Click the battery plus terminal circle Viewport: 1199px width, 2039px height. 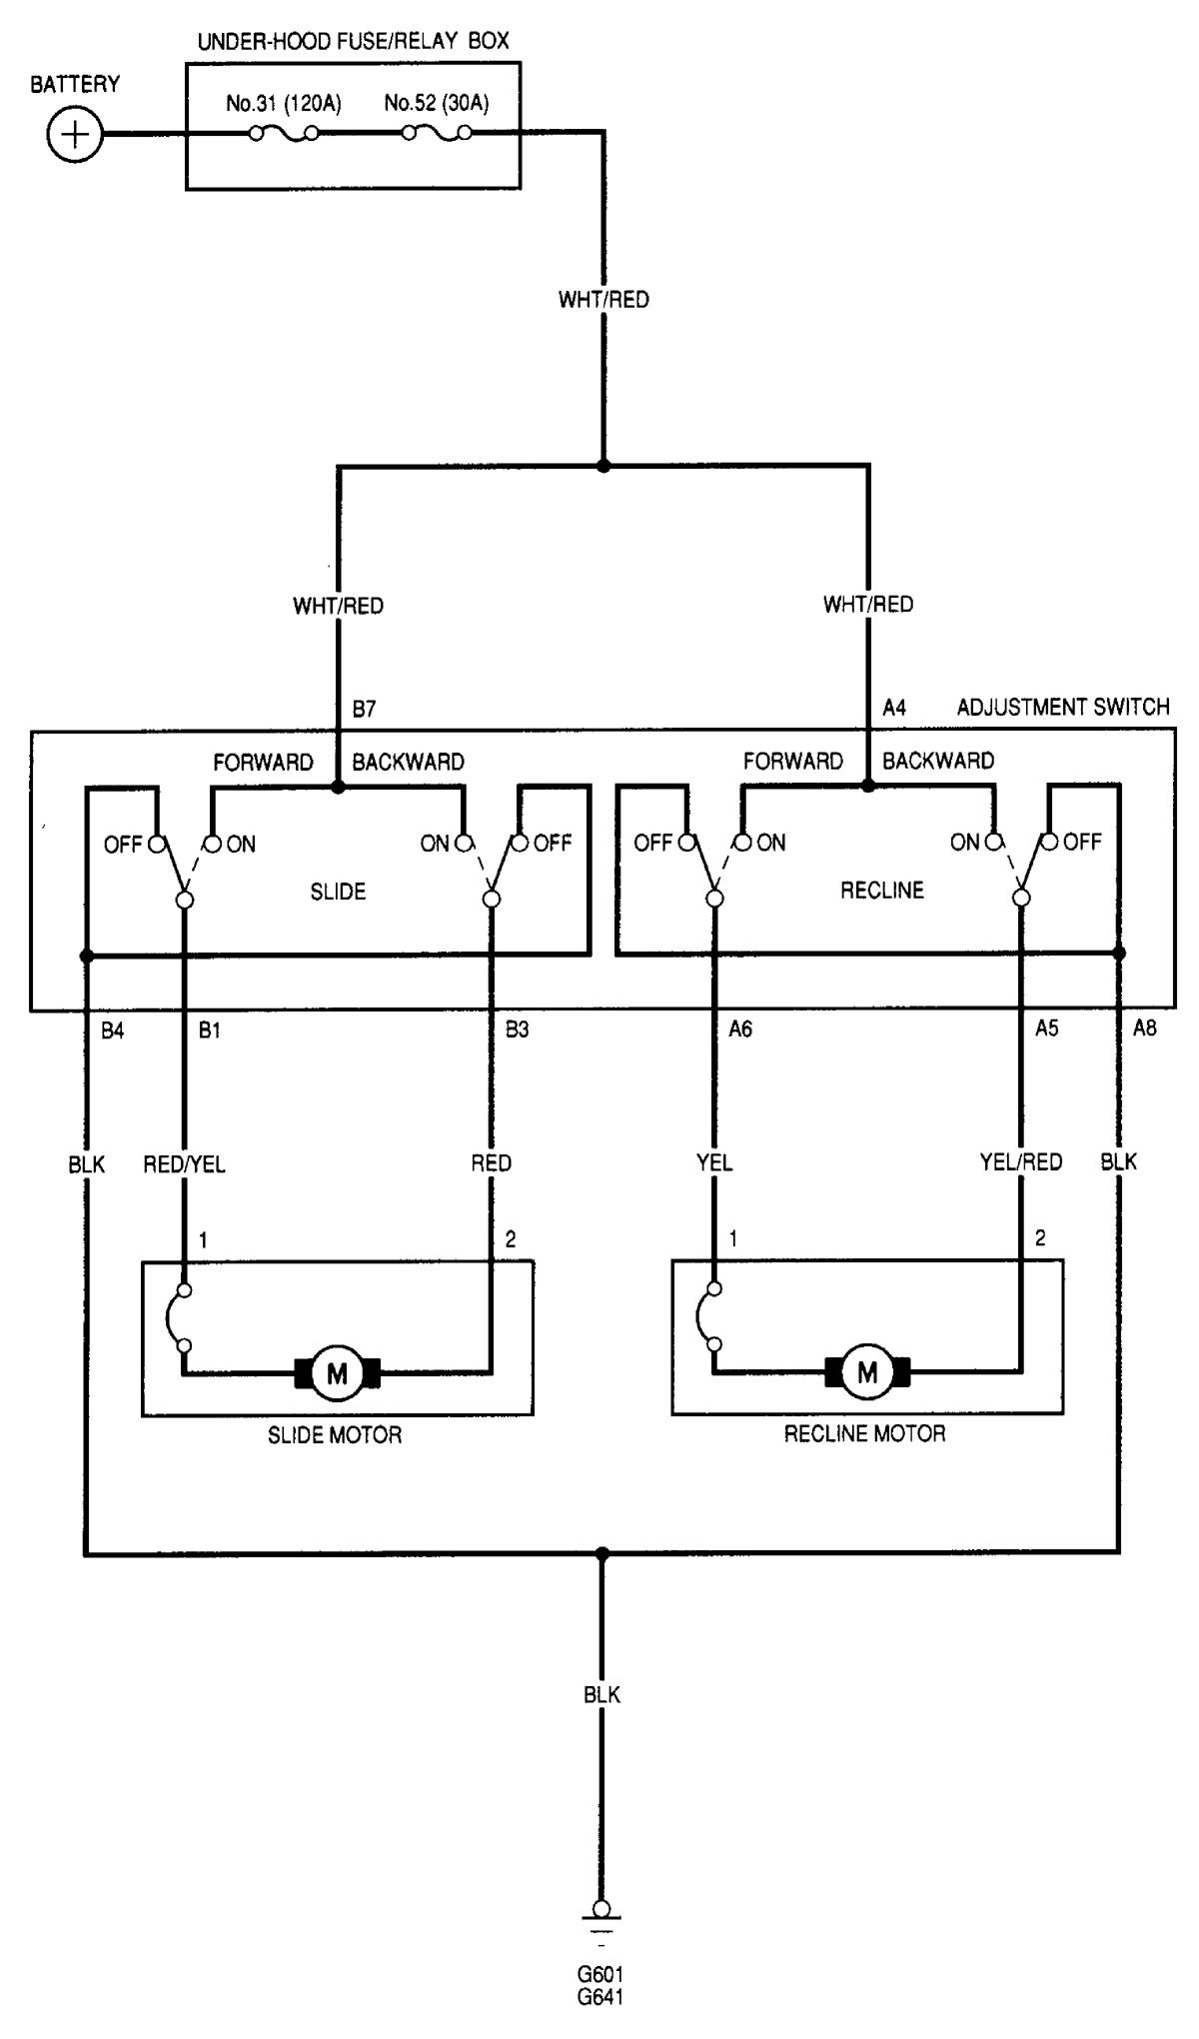pos(75,134)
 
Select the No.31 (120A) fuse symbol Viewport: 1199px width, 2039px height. pos(284,133)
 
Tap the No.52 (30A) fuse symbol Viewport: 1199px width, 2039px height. pos(437,133)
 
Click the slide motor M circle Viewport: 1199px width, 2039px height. pos(337,1373)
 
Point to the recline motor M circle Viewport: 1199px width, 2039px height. pos(866,1372)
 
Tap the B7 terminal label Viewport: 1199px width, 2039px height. pos(364,709)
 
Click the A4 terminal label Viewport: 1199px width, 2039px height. pos(893,708)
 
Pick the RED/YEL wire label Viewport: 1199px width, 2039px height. pos(184,1164)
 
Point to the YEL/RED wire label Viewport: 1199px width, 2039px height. pos(1020,1161)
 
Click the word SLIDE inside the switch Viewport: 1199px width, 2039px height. pos(338,892)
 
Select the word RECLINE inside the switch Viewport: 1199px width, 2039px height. pos(881,890)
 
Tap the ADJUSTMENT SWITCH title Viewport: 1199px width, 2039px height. pos(1063,708)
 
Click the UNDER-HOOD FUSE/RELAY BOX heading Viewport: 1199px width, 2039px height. pos(353,41)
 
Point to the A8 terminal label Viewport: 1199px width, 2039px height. pos(1144,1028)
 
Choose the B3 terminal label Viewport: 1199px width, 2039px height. pos(517,1029)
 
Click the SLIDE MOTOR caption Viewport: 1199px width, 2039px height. pos(335,1435)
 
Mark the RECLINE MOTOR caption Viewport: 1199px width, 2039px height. pos(864,1434)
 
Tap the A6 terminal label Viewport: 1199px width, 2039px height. pos(739,1029)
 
